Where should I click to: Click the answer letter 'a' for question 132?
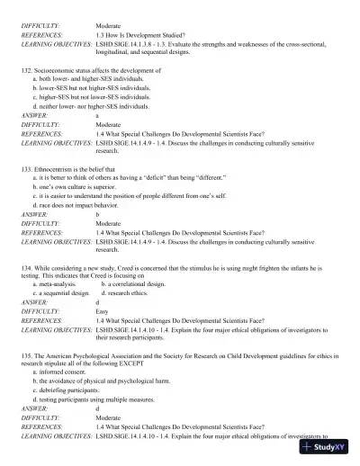pyautogui.click(x=97, y=115)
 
